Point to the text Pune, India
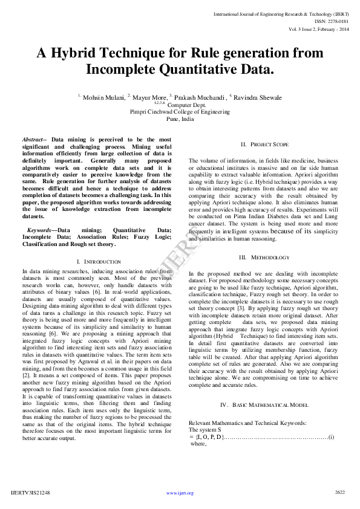180,119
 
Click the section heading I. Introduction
99,261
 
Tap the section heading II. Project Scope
264,144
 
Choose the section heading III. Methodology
264,258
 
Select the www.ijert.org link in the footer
180,493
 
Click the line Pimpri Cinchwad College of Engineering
180,112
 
